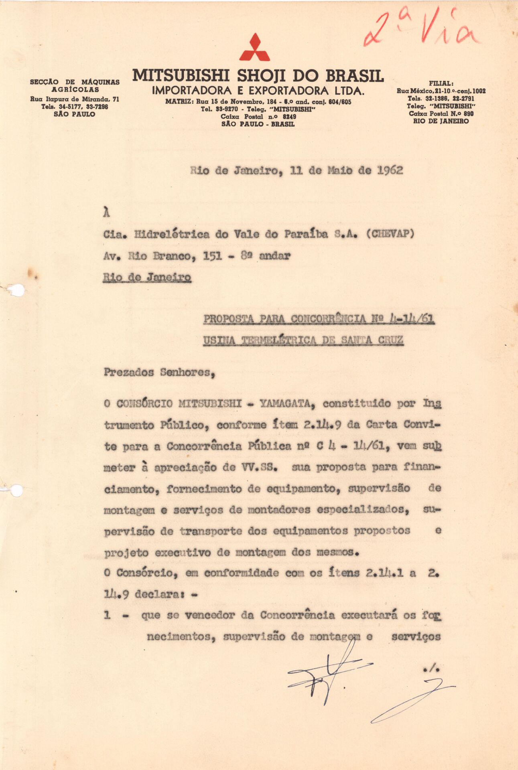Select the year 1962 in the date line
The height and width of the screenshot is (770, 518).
390,170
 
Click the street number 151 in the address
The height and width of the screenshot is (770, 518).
213,256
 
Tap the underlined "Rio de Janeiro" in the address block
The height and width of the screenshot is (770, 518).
147,277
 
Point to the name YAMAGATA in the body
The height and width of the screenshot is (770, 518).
285,404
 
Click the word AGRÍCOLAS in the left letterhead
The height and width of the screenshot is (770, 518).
75,89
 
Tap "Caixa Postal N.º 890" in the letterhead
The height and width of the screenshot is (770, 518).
441,113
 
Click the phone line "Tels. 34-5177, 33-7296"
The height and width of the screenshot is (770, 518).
75,107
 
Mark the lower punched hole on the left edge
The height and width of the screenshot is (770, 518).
16,490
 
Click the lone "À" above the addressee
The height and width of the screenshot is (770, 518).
106,213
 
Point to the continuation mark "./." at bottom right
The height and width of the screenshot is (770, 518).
431,668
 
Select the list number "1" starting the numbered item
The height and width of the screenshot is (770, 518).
107,615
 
